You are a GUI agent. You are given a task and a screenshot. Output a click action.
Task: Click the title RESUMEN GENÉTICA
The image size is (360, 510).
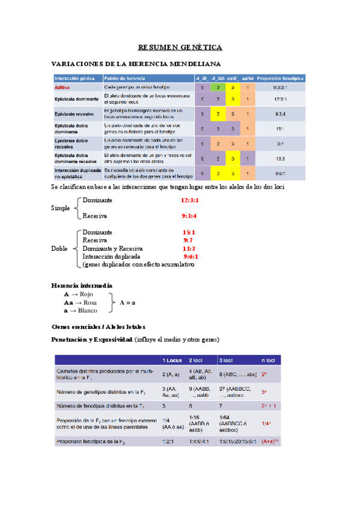[x=180, y=47]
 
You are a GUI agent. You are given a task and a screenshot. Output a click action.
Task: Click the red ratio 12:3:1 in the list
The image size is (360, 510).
[x=190, y=200]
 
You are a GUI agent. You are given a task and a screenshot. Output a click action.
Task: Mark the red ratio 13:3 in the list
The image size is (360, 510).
[x=189, y=248]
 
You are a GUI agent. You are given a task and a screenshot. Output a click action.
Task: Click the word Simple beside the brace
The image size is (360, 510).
[x=61, y=207]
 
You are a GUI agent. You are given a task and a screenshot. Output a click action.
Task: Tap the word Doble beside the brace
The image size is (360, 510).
[x=60, y=248]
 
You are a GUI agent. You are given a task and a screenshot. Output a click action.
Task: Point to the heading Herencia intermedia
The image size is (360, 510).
[x=82, y=285]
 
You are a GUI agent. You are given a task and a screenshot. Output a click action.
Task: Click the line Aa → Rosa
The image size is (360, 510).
[x=81, y=303]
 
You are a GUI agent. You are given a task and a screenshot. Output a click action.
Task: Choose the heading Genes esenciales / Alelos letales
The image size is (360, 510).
[x=99, y=326]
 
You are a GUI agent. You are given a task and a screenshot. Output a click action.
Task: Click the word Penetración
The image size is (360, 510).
[x=72, y=340]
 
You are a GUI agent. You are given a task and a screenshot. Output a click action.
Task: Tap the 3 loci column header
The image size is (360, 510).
[x=227, y=360]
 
